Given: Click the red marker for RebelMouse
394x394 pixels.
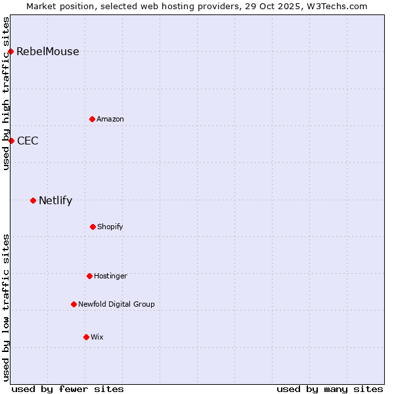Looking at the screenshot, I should click(11, 51).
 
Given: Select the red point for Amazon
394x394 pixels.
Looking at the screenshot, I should click(92, 119).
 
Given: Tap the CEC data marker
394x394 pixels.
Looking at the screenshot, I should click(11, 141).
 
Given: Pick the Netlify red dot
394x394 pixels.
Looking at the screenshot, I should click(33, 200).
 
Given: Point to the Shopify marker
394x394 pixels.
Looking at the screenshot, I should click(93, 227).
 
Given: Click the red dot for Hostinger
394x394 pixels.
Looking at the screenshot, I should click(89, 276).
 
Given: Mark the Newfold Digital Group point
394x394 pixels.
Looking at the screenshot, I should click(74, 304).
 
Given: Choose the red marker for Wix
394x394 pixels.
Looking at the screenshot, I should click(86, 337).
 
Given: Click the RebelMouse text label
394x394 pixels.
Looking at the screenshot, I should click(48, 52).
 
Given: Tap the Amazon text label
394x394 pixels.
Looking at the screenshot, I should click(110, 120).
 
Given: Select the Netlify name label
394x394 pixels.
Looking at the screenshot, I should click(55, 201).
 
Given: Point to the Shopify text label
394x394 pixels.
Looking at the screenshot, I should click(110, 227).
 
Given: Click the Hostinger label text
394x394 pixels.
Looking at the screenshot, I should click(110, 276).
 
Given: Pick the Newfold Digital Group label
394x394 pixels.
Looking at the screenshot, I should click(116, 305).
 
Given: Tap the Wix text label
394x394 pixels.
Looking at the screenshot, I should click(97, 338).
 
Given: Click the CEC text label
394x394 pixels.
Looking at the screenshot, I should click(28, 141).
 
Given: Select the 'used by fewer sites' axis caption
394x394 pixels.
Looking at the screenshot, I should click(68, 389).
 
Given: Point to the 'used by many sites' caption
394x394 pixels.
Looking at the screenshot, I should click(330, 389).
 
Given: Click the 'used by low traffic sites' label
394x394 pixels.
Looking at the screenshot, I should click(6, 307).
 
